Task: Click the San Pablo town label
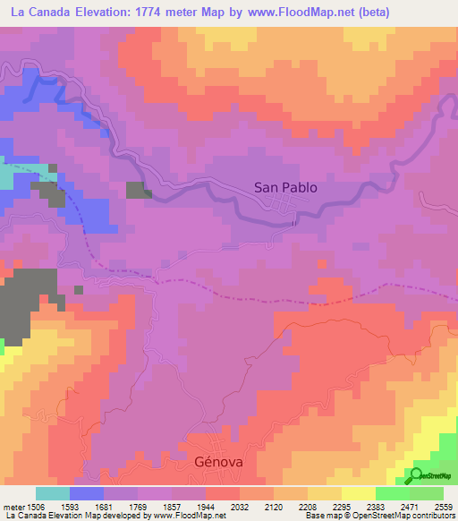pos(285,188)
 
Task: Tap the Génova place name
pos(218,462)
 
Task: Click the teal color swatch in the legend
pos(53,493)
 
